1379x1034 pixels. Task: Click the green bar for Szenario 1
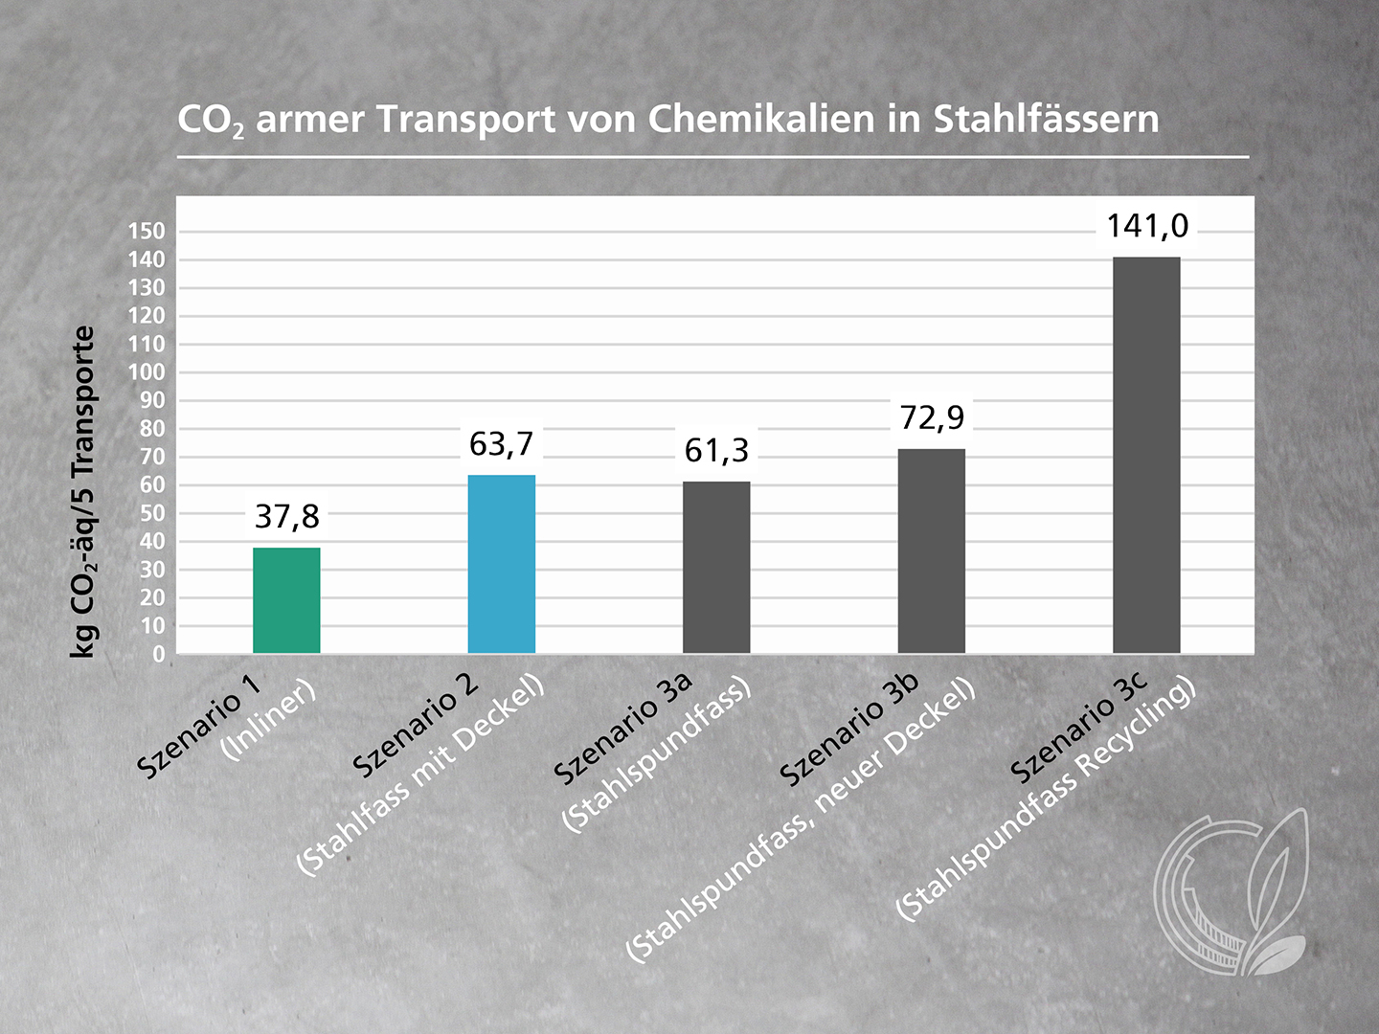point(286,600)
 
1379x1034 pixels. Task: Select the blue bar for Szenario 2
point(502,564)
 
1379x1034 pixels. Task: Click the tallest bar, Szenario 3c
point(1146,455)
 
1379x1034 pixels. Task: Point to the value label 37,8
point(286,517)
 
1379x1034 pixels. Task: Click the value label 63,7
point(501,444)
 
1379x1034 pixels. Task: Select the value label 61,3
point(716,450)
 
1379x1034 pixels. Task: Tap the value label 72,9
point(932,417)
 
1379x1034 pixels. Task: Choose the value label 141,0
point(1147,226)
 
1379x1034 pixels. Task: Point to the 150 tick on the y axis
point(147,232)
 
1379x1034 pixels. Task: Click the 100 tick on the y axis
point(147,372)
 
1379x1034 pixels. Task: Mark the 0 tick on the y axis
point(159,655)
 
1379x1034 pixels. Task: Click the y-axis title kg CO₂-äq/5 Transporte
point(84,492)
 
